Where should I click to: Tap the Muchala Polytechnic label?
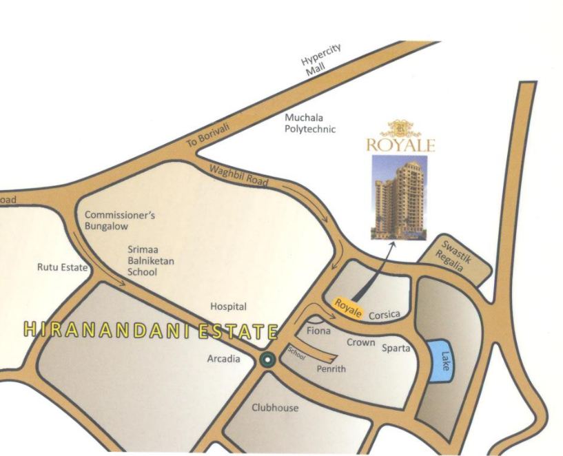(x=310, y=123)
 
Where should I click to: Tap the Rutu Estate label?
(x=62, y=267)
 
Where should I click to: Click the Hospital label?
(x=228, y=307)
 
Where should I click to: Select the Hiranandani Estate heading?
(x=150, y=330)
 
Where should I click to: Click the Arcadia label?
(x=224, y=359)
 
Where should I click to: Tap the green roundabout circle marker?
(x=267, y=359)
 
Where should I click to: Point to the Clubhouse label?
(x=275, y=408)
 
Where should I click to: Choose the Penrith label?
(x=331, y=369)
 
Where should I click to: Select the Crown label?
(x=360, y=342)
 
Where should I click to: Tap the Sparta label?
(x=396, y=348)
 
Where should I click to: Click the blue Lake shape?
(x=440, y=359)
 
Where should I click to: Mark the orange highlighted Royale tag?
(x=349, y=308)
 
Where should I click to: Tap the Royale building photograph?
(x=399, y=197)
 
